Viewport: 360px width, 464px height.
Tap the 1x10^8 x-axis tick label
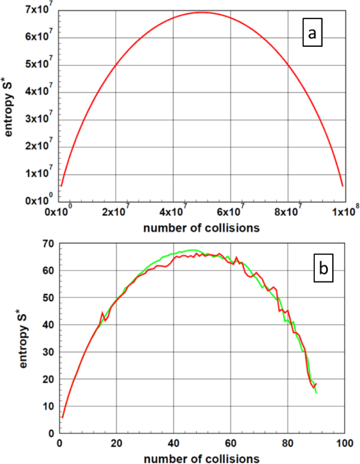pos(344,210)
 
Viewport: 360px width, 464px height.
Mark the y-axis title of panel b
pos(24,338)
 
